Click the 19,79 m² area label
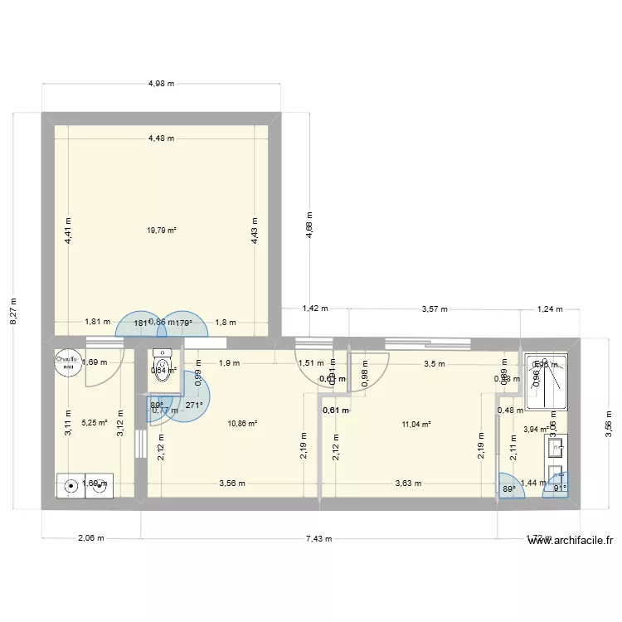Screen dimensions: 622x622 point(161,231)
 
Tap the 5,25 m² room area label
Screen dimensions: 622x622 point(95,422)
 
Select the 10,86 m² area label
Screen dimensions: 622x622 point(242,423)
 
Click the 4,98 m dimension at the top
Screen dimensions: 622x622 point(162,83)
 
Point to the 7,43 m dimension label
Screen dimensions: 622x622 point(318,538)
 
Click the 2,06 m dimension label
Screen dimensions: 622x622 point(90,538)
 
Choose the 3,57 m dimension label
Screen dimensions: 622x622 point(435,309)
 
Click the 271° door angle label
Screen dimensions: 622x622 point(194,406)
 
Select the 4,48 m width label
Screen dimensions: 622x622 point(161,138)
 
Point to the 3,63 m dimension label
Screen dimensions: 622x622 point(408,484)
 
